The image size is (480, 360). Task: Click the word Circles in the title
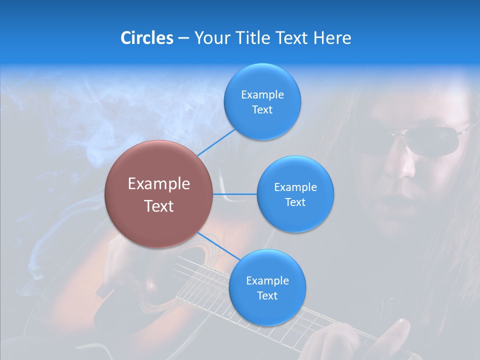[147, 38]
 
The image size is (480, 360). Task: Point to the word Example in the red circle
[159, 184]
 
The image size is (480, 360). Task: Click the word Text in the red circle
[159, 206]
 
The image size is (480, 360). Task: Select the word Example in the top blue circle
[262, 95]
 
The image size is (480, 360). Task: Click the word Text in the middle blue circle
[295, 202]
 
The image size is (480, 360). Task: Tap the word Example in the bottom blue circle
[267, 281]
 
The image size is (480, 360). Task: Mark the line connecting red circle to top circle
[216, 142]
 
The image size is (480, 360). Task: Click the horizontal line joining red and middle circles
[234, 193]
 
